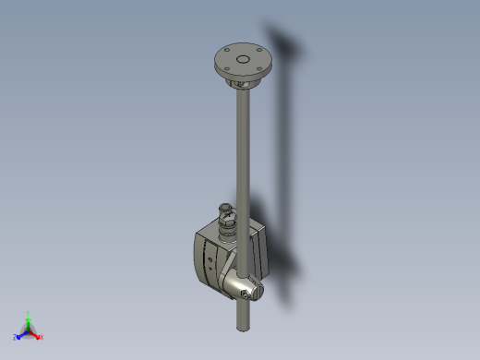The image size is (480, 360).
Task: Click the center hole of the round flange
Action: [243, 58]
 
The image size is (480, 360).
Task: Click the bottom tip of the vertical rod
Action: [243, 327]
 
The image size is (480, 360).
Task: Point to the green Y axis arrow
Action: [29, 320]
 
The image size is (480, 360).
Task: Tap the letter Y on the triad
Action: [29, 313]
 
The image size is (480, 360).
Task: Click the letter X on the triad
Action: [42, 338]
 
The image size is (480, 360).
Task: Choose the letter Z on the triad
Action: [16, 339]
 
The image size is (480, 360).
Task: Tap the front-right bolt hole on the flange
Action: [256, 70]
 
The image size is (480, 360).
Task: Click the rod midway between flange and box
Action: [243, 148]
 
